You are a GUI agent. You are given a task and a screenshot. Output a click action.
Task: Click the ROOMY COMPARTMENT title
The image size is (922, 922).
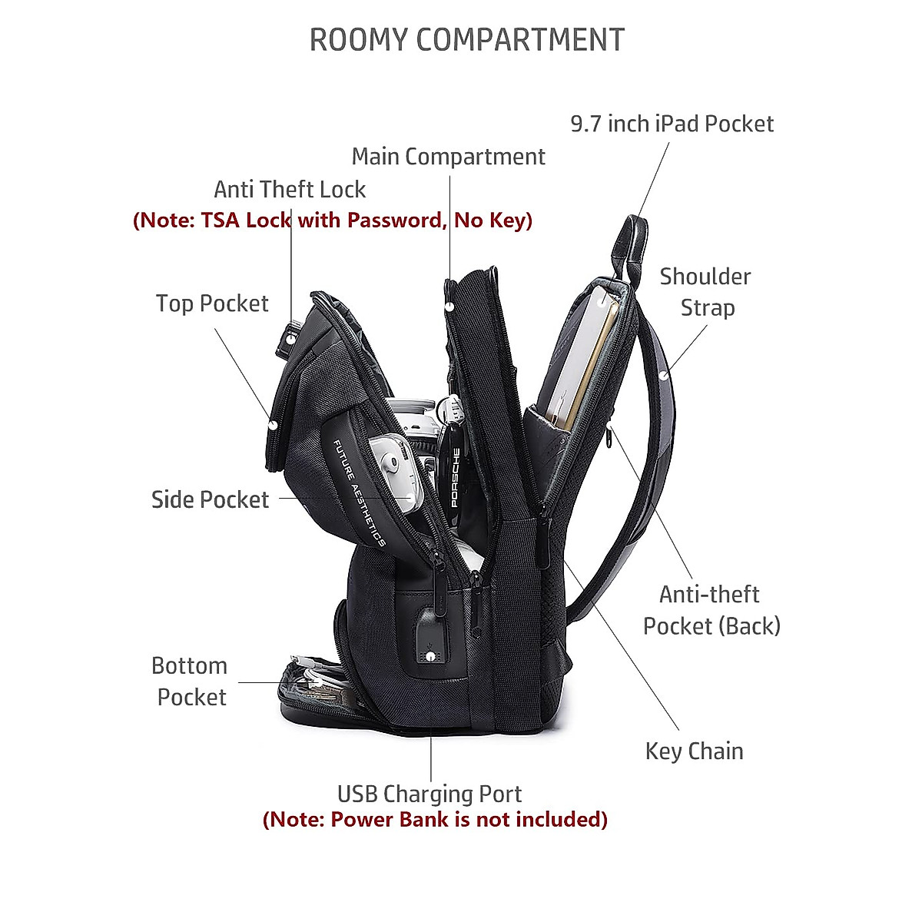(466, 40)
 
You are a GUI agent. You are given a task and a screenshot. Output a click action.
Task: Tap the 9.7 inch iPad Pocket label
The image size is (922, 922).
(672, 124)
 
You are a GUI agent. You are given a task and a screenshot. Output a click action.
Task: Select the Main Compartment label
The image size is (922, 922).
(448, 157)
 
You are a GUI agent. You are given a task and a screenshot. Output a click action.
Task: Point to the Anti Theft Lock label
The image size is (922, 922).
(290, 189)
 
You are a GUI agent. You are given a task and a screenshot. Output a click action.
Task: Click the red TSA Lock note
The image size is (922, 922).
(333, 221)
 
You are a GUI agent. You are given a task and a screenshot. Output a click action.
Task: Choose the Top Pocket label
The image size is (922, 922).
(212, 303)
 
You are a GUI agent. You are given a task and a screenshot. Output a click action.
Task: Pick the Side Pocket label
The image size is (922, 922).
(210, 499)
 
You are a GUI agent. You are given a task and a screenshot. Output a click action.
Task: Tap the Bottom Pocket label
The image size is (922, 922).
(190, 682)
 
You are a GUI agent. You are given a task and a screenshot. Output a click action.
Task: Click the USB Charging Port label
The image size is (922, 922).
(429, 794)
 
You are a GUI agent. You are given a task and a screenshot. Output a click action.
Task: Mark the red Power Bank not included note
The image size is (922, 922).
(435, 819)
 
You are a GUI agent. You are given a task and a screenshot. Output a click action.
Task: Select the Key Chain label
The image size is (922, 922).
(694, 751)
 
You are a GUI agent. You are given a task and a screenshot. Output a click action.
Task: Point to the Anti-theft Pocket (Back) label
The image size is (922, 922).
(711, 610)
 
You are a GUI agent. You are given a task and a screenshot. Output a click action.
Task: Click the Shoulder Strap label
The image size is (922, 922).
(705, 292)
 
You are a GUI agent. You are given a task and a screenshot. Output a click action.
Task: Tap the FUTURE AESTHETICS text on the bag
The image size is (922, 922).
(359, 492)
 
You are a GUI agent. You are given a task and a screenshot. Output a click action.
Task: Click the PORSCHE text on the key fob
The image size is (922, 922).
(455, 476)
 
